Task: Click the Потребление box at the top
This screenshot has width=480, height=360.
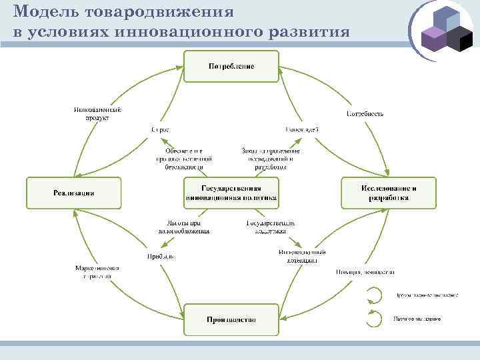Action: [x=231, y=67]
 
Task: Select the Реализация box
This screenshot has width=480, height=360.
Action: [x=74, y=193]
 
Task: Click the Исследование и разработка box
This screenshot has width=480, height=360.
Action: [x=389, y=193]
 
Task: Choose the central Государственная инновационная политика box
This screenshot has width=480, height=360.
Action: [x=231, y=193]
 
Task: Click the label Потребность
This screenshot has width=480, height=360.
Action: [x=365, y=113]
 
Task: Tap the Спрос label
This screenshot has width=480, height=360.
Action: [x=160, y=129]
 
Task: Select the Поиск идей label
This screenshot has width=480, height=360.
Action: [x=301, y=129]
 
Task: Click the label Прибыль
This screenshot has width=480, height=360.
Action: [x=161, y=257]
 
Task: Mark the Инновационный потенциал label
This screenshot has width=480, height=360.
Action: [x=302, y=257]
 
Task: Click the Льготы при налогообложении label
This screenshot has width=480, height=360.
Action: [x=184, y=227]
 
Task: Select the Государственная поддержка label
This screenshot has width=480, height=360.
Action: [x=271, y=227]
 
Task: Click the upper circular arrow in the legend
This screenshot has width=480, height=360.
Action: [x=375, y=295]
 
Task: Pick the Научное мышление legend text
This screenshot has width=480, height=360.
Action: [x=417, y=319]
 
